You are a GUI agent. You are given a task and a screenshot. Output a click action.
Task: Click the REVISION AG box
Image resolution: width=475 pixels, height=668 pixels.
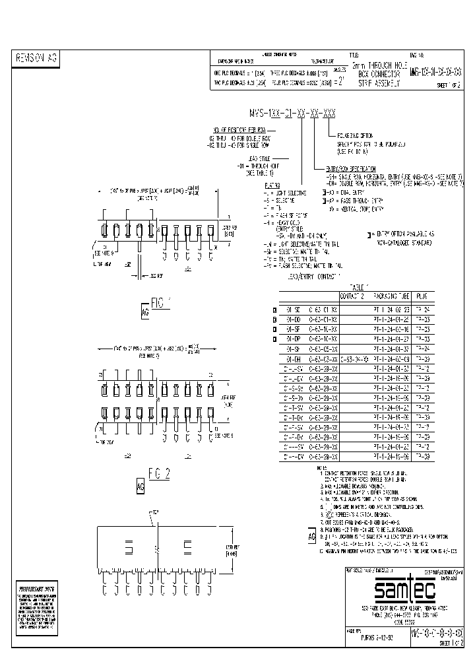[x=37, y=59]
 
